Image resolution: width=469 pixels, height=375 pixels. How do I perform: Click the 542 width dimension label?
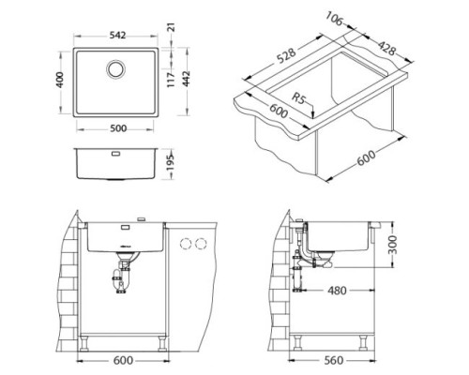point(117,36)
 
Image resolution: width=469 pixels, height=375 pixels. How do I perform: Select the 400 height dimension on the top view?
point(60,80)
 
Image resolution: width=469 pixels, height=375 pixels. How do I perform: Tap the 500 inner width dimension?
point(118,128)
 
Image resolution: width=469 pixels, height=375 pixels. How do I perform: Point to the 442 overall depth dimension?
point(186,79)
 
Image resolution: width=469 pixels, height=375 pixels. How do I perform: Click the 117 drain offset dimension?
point(171,80)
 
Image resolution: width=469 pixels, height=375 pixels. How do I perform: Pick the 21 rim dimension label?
point(172,27)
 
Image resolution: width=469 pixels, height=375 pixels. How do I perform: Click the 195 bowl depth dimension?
point(171,162)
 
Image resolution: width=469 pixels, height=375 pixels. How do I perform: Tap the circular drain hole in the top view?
point(116,68)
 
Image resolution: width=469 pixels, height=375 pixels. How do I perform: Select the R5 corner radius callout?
point(298,98)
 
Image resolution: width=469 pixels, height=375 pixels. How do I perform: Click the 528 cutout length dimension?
point(286,55)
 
